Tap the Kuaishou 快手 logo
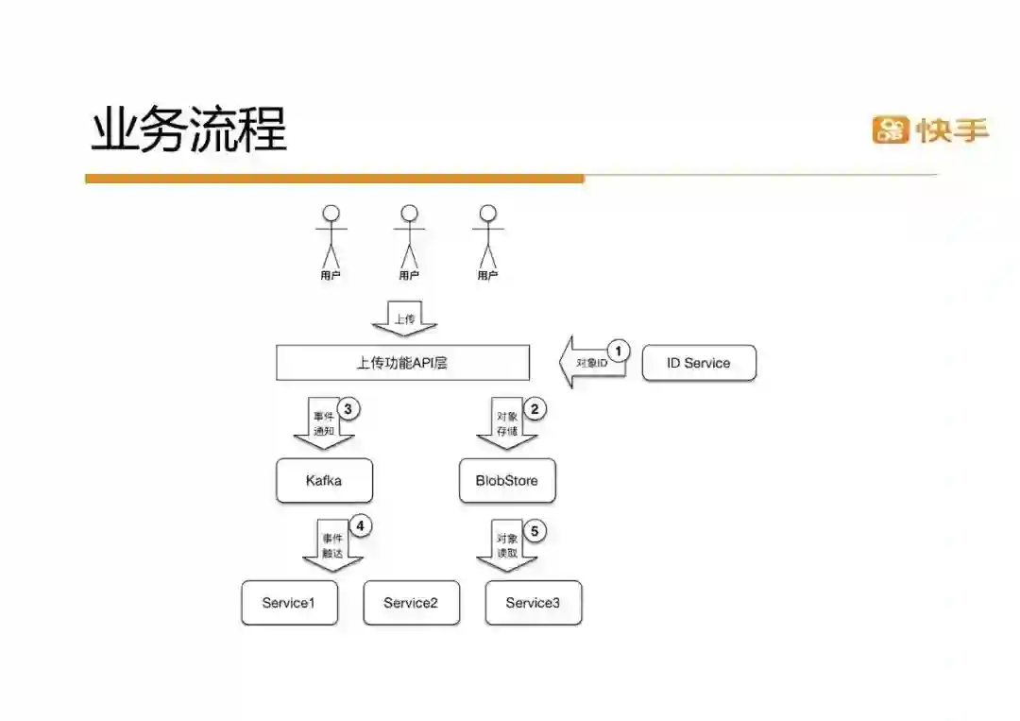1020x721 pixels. [930, 129]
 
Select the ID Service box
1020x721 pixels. [699, 363]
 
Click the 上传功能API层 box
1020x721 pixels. [402, 363]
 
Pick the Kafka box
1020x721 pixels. [324, 481]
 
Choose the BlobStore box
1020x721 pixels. [507, 481]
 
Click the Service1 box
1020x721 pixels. [289, 603]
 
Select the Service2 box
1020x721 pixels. [411, 603]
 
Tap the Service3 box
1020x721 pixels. [533, 603]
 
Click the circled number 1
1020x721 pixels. [618, 352]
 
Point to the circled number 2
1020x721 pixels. [535, 409]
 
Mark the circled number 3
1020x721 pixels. [349, 409]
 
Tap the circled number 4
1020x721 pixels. [360, 525]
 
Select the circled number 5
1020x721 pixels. [535, 531]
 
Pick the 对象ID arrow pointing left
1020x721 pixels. [590, 363]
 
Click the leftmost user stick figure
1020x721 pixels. [330, 237]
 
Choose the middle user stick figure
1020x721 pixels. [408, 237]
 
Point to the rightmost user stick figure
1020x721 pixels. [487, 237]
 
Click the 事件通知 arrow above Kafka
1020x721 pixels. [324, 423]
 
